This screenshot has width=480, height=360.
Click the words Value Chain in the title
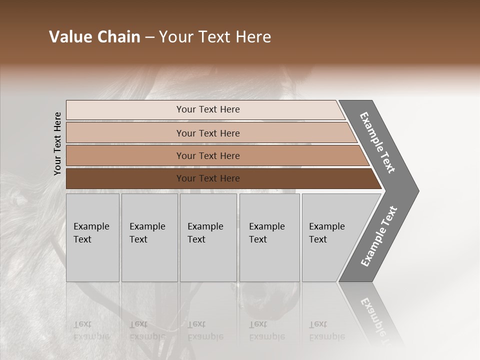94,37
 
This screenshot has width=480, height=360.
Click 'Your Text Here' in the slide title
215,37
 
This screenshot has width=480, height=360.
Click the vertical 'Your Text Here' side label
57,144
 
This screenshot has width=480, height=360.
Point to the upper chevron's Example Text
377,142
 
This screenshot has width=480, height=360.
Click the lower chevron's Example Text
379,236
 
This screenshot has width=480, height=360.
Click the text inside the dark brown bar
208,178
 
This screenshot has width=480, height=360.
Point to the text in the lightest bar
208,109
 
